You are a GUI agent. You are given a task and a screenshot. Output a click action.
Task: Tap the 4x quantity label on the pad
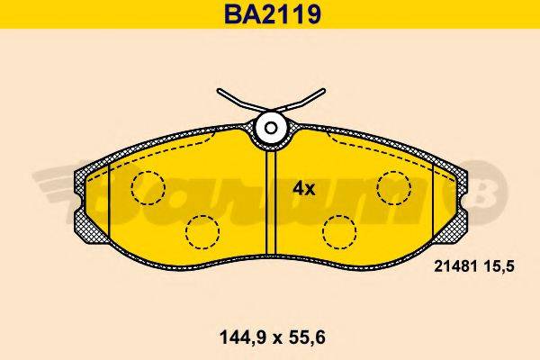(303, 189)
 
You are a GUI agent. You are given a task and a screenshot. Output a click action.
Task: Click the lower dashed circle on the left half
(202, 232)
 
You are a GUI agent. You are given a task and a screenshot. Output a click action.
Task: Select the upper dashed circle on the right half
(393, 187)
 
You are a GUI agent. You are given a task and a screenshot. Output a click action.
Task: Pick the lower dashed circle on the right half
(337, 232)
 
